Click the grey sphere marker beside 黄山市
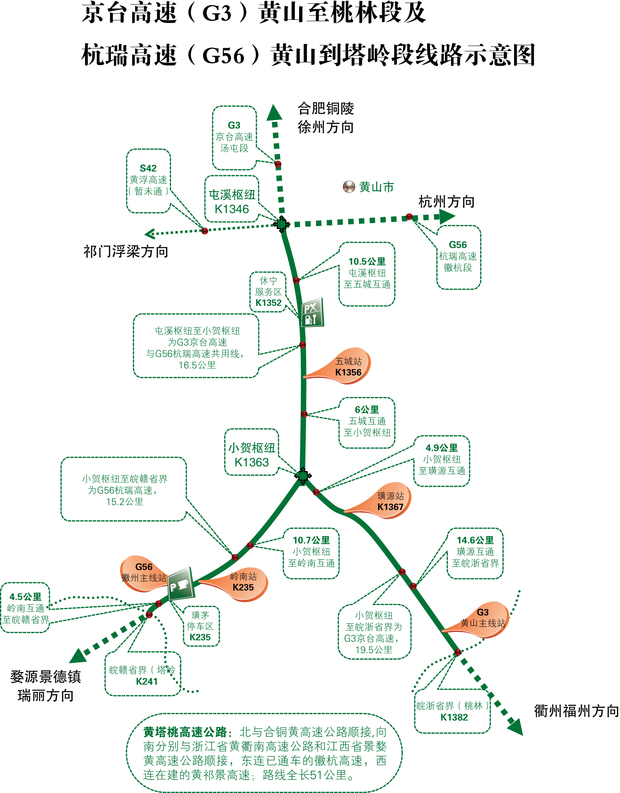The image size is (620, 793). pyautogui.click(x=349, y=187)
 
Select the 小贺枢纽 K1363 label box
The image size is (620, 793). pyautogui.click(x=252, y=452)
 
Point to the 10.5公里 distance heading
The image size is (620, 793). pyautogui.click(x=367, y=261)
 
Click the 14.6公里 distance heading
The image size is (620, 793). pyautogui.click(x=475, y=540)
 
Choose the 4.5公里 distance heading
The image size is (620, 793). pyautogui.click(x=25, y=597)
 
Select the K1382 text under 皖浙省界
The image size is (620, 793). pyautogui.click(x=454, y=717)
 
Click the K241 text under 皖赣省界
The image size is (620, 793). pyautogui.click(x=147, y=681)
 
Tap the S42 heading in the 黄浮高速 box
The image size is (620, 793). pyautogui.click(x=148, y=168)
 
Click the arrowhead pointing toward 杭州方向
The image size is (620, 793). pyautogui.click(x=447, y=216)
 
